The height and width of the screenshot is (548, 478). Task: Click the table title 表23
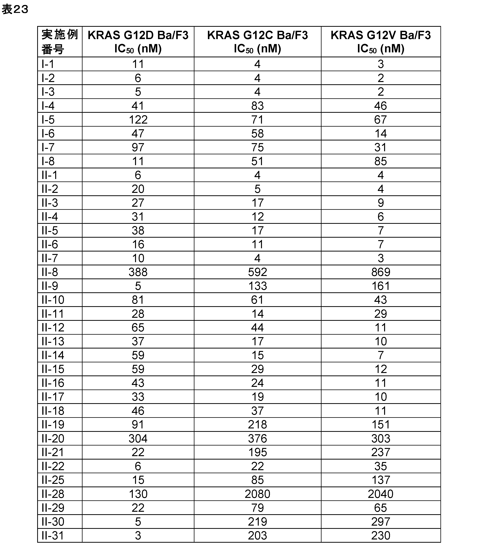(15, 10)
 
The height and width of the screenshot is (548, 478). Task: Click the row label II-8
(50, 272)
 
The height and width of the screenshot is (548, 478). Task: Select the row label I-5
(48, 120)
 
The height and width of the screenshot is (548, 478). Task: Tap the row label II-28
(53, 494)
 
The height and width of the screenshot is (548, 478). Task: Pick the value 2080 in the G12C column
(257, 494)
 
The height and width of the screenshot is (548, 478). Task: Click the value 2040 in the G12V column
(381, 494)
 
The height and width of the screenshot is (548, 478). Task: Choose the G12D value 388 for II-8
(138, 272)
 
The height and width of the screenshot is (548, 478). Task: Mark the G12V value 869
(381, 272)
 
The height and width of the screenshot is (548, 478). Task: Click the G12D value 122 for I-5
(138, 120)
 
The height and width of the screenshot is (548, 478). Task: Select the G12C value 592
(257, 272)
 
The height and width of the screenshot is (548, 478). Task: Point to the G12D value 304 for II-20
(138, 438)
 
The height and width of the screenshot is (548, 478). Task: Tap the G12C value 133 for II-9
(257, 286)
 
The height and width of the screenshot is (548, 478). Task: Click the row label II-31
(53, 535)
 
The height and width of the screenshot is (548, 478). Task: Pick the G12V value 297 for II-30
(381, 522)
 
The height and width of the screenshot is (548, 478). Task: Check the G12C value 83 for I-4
(257, 106)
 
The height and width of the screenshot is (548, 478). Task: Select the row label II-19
(53, 424)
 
